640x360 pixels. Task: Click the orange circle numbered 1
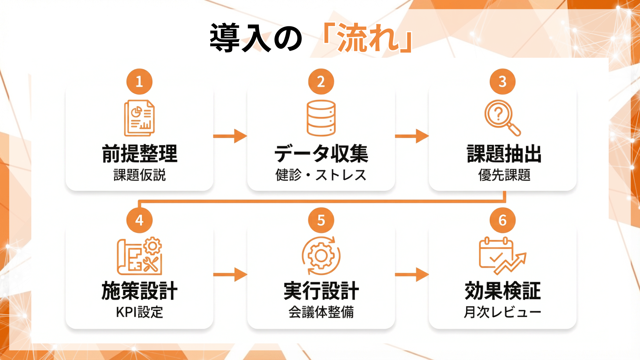tap(139, 82)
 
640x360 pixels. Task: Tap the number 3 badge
tap(502, 82)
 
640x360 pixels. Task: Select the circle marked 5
tap(321, 220)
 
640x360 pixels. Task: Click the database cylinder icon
tap(321, 118)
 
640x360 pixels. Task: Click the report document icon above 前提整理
tap(139, 118)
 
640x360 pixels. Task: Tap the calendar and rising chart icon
tap(502, 256)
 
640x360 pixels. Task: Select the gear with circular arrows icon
tap(321, 256)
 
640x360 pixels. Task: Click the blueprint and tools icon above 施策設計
tap(139, 256)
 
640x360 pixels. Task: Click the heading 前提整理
tap(139, 154)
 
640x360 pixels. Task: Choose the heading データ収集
tap(321, 154)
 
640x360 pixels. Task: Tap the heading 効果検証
tap(502, 291)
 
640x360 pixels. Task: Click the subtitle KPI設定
tap(139, 312)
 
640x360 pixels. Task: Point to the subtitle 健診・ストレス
tap(321, 175)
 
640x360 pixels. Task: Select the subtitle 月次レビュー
tap(502, 312)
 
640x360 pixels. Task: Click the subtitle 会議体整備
tap(321, 312)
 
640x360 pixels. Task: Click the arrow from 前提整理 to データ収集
tap(230, 136)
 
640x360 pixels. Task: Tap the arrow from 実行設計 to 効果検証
tap(412, 275)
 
